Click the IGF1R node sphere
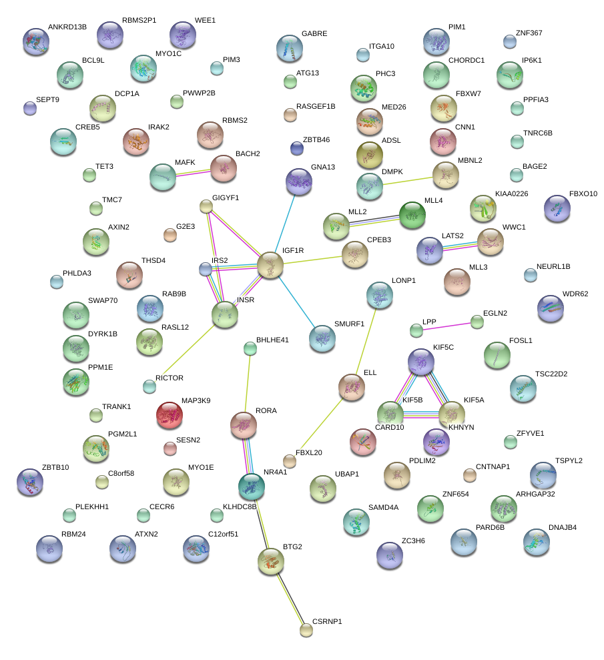point(270,266)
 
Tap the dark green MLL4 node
point(412,214)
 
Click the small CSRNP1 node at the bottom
point(306,629)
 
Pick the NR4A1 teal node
point(252,487)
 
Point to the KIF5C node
point(421,362)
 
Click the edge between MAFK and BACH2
point(194,172)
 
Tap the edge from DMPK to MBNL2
point(408,180)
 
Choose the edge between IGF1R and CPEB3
point(312,259)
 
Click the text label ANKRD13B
point(67,27)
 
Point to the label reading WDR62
point(575,294)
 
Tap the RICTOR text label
point(169,378)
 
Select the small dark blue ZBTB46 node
point(297,147)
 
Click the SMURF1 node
point(322,338)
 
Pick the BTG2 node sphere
point(271,562)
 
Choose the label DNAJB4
point(562,527)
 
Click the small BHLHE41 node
point(250,348)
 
